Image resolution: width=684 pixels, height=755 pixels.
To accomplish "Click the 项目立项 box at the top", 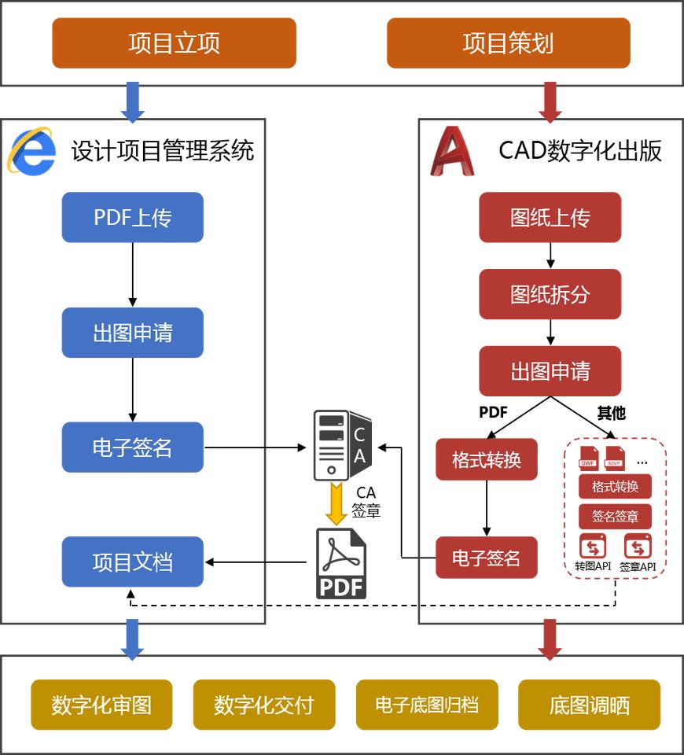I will pos(174,43).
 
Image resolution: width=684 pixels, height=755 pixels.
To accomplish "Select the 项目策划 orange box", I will pos(508,43).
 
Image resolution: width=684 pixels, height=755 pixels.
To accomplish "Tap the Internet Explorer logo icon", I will pos(32,150).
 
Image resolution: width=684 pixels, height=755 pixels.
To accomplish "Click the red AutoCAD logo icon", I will pos(452,150).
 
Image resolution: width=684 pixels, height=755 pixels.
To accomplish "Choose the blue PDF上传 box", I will pos(132,217).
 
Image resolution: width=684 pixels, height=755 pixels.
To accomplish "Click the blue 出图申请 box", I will pos(132,333).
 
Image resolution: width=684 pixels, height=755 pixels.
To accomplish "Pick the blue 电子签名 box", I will pos(132,447).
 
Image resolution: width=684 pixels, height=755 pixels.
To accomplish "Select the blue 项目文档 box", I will pos(132,562).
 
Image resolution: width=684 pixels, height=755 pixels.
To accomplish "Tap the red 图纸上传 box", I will pos(550,218).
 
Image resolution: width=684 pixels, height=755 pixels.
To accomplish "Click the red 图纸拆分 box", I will pos(550,294).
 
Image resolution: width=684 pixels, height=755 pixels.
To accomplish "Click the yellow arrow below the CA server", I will pos(337,504).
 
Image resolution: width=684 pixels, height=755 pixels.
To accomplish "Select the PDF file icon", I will pos(341,563).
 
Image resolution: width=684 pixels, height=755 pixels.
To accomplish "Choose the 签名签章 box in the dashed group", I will pos(615,516).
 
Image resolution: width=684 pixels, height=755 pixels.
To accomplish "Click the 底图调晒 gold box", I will pos(589,705).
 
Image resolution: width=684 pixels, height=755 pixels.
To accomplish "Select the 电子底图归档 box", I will pos(427,705).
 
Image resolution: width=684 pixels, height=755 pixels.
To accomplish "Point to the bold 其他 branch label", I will pos(611,413).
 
